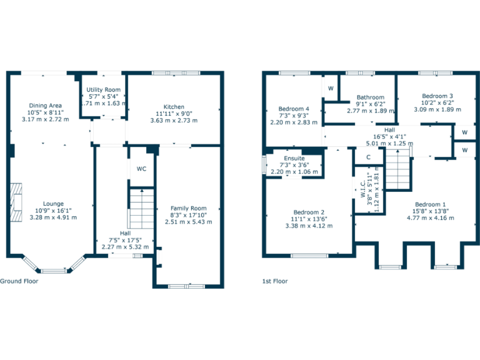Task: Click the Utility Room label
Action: click(104, 90)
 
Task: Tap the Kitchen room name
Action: click(174, 106)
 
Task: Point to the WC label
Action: click(141, 169)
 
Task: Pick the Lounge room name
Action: click(53, 204)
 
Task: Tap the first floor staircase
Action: click(397, 169)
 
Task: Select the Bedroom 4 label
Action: click(294, 109)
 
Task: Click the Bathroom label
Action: click(370, 97)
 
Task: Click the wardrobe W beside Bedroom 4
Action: click(330, 87)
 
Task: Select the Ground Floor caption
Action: click(19, 281)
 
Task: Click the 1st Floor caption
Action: click(275, 281)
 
